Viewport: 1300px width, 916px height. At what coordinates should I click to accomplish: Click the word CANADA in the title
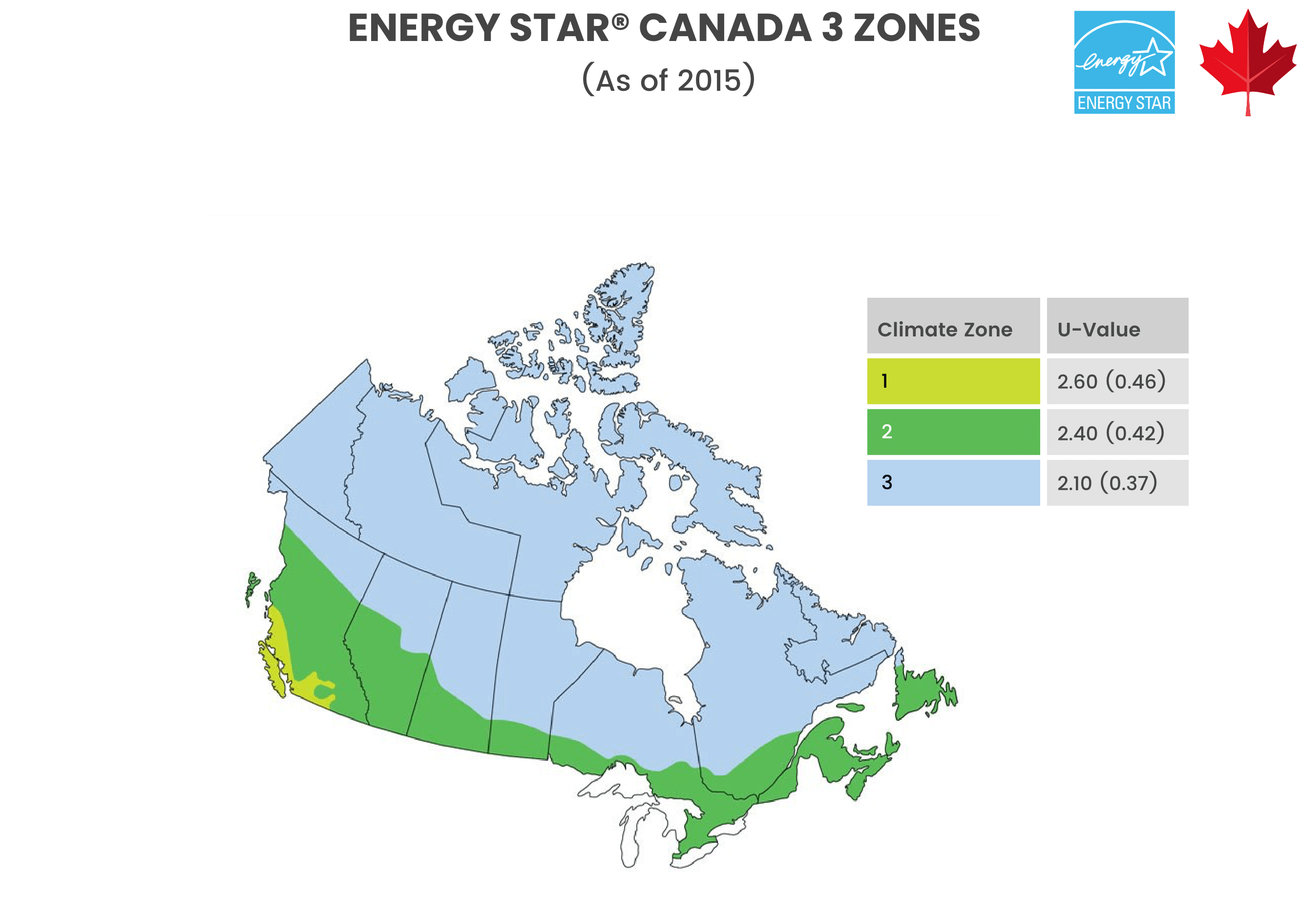725,28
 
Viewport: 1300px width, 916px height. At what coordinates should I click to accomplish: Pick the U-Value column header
1098,330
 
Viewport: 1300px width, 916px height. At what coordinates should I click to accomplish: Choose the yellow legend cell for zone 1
953,381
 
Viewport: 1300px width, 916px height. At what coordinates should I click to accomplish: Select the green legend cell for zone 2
953,432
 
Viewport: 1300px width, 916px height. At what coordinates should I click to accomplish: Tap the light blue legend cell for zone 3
953,482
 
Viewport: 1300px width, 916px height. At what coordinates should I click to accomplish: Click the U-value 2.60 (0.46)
1111,381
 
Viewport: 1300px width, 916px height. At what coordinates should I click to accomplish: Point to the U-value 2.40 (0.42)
1111,433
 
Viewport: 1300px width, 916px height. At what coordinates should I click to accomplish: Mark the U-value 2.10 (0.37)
1107,483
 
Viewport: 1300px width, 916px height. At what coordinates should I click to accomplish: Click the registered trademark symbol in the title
621,21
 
